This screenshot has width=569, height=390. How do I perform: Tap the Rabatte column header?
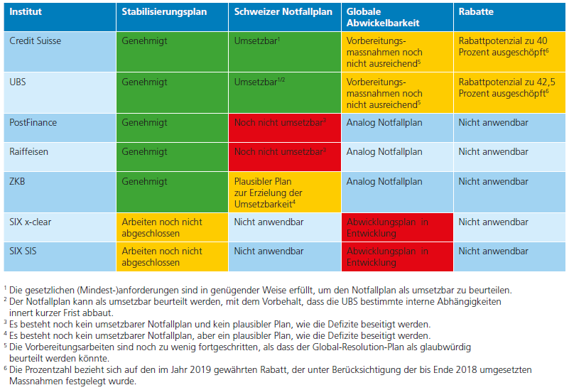tap(475, 12)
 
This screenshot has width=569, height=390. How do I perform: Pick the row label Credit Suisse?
tap(36, 41)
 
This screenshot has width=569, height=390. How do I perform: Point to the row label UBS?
tap(18, 82)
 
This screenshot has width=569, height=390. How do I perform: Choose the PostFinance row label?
tap(33, 123)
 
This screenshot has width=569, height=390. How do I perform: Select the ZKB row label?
tap(18, 181)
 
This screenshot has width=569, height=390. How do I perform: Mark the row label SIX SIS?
tap(27, 251)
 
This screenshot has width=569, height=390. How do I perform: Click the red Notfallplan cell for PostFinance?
tap(283, 127)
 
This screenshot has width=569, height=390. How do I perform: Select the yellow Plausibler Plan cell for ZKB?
tap(283, 193)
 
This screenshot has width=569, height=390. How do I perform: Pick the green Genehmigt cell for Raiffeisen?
tap(171, 156)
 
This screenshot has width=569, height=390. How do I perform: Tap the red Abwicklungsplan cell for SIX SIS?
tap(396, 256)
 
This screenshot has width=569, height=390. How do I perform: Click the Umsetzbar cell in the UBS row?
tap(283, 90)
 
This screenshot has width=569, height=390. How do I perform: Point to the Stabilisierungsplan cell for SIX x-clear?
tap(171, 227)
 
